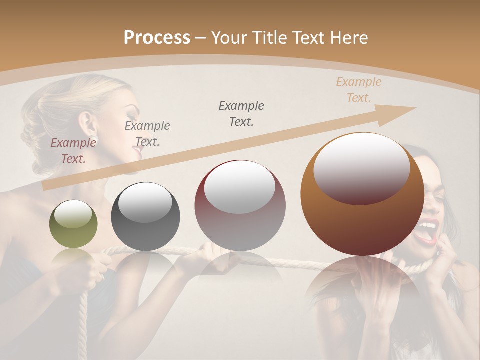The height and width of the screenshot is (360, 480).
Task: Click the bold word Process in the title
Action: coord(157,37)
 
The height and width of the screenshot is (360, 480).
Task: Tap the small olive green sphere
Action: coord(73,224)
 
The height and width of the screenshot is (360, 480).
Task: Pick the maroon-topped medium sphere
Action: coord(240,206)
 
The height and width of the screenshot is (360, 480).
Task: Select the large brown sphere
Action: coord(362,195)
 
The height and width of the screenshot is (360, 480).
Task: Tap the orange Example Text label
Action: coord(358,90)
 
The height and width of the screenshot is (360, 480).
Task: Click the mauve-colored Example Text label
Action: coord(73,150)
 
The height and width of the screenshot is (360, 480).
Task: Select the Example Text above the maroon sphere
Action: coord(241,113)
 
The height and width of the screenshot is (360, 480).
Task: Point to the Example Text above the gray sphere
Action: coord(147,134)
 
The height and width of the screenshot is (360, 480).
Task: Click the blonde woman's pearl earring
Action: coord(94,139)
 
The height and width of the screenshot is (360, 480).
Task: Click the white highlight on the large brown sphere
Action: coord(361,167)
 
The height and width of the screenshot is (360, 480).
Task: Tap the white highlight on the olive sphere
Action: coord(73,214)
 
